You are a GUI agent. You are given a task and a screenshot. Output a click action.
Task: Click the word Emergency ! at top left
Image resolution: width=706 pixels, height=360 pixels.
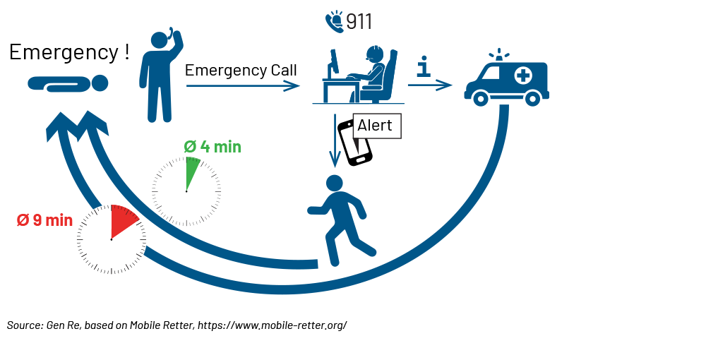(69, 52)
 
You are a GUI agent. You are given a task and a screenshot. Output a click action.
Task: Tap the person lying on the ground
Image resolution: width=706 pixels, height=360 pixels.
(68, 84)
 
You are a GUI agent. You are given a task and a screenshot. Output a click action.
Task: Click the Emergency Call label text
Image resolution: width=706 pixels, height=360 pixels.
(241, 71)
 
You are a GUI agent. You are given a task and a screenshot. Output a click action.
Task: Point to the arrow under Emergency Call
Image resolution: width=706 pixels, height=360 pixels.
(243, 85)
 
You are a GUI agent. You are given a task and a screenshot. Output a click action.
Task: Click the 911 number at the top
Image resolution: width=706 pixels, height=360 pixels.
(359, 22)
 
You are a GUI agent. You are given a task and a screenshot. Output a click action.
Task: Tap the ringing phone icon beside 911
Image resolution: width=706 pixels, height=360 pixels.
(334, 21)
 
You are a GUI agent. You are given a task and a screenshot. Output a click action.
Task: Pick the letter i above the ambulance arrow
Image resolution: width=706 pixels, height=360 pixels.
(424, 67)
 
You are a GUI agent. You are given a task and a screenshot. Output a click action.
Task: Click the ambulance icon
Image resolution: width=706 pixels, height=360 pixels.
(506, 81)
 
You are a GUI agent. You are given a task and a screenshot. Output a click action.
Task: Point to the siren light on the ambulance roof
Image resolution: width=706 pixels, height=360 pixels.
(501, 54)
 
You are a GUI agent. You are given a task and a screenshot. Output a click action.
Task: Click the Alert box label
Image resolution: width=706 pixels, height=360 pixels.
(375, 126)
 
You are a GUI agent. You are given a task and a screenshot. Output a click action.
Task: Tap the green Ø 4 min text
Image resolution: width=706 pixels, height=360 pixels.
(213, 147)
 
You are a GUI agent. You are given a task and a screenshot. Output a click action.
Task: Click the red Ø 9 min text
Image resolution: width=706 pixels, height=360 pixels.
(44, 220)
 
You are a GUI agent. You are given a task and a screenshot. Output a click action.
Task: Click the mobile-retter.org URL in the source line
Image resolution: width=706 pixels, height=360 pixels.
(272, 325)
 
